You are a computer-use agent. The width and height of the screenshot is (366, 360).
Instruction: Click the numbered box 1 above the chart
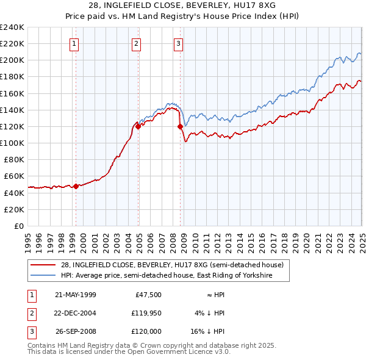tap(74, 43)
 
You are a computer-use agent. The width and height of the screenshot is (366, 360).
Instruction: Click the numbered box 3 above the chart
tap(178, 43)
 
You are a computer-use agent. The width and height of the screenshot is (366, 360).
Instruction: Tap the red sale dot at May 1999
tap(76, 187)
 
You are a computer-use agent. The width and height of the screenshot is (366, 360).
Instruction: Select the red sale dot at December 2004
tap(138, 127)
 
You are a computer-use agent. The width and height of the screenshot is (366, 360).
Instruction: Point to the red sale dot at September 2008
tap(180, 127)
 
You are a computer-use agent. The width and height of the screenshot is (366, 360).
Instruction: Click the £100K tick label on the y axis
tap(12, 143)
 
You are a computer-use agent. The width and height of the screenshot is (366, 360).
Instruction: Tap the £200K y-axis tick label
tap(12, 60)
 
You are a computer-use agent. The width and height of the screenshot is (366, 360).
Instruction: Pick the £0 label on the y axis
tap(18, 226)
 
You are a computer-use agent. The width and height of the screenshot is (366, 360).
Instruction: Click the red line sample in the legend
tap(44, 265)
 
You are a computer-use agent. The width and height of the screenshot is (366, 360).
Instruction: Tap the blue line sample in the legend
tap(44, 276)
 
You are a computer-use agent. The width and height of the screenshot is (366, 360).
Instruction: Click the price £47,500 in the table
tap(148, 294)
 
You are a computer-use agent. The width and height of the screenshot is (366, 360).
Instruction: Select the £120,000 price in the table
tap(147, 332)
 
